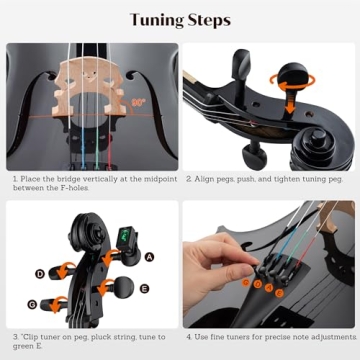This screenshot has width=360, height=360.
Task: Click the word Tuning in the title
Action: pyautogui.click(x=155, y=20)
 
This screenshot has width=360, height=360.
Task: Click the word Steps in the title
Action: pyautogui.click(x=209, y=20)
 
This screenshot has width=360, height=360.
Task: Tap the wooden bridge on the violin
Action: pyautogui.click(x=91, y=79)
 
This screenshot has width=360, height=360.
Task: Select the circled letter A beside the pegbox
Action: pyautogui.click(x=149, y=256)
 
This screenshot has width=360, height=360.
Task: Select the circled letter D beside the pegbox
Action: pyautogui.click(x=39, y=273)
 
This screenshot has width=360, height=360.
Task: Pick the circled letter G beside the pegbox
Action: pyautogui.click(x=32, y=303)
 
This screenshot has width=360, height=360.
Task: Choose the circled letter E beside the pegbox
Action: pyautogui.click(x=144, y=289)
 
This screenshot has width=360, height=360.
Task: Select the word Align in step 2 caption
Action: pyautogui.click(x=205, y=180)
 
